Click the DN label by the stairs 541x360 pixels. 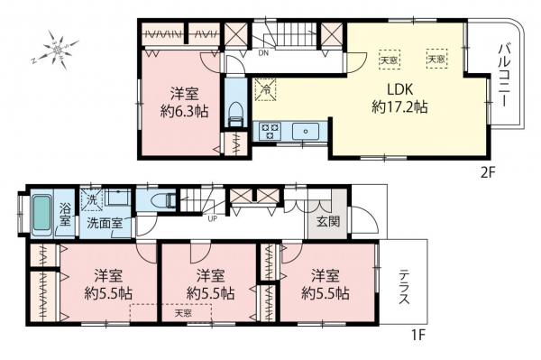[262, 52]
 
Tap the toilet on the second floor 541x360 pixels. [235, 114]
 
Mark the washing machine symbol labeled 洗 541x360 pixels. [92, 199]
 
